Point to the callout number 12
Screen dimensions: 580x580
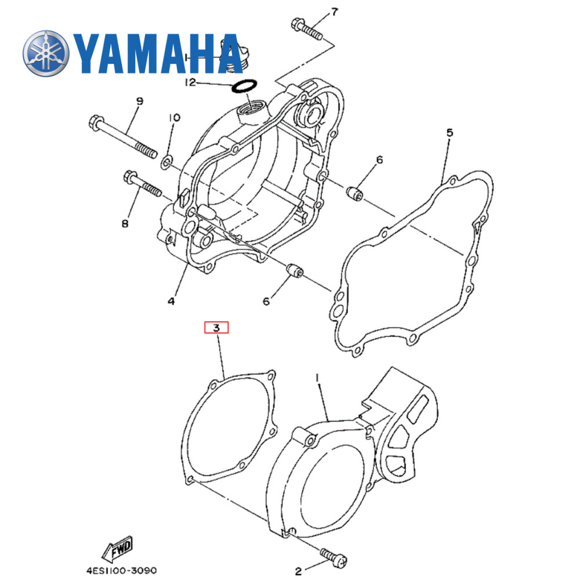[191, 83]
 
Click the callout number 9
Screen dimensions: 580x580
[139, 101]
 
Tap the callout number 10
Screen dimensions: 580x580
[174, 118]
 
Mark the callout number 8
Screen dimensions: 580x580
[125, 223]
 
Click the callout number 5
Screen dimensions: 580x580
[449, 133]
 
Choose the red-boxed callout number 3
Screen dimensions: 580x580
[216, 328]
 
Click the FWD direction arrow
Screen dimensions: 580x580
[117, 547]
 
